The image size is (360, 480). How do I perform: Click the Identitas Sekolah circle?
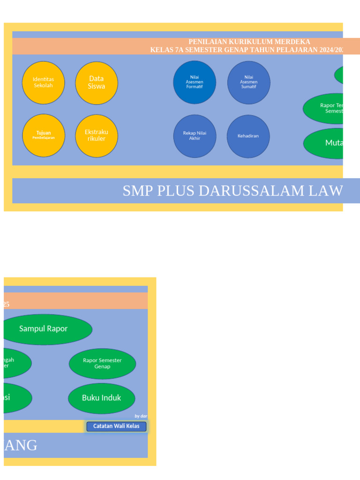point(43,82)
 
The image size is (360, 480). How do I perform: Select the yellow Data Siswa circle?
point(97,83)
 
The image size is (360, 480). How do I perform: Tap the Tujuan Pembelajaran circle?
point(44,135)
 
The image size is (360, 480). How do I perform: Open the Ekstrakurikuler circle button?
point(97,135)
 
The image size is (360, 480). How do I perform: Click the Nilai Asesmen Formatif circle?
point(195,82)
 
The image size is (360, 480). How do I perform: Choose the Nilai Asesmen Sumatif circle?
point(248,82)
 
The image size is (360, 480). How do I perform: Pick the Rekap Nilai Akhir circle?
point(195,136)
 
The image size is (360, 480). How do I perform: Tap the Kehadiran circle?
point(248,136)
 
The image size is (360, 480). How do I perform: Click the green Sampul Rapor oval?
point(44,329)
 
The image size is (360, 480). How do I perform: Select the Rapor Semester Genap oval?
point(102,363)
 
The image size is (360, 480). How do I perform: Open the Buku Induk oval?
point(101,398)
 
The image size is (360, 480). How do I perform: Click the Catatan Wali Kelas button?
point(116,427)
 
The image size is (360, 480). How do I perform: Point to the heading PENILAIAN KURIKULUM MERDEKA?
point(249,42)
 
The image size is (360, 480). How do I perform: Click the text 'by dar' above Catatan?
point(141,416)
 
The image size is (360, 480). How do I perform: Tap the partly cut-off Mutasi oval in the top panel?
point(328,143)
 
